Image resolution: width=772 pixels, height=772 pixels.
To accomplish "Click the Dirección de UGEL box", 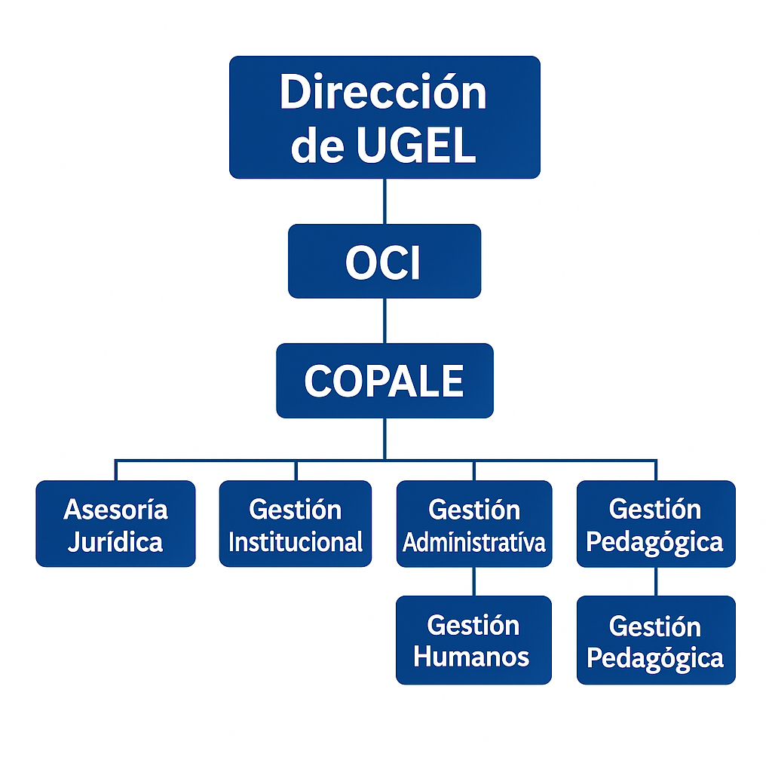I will (384, 117).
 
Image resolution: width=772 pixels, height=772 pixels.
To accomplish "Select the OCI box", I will (384, 261).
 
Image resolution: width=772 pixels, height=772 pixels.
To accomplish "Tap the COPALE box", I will (384, 381).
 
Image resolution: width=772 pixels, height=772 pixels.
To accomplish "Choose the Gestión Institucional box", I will (296, 524).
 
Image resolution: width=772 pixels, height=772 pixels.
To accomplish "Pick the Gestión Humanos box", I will (473, 640).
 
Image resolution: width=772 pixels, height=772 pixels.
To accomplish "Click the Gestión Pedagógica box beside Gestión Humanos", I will (656, 640).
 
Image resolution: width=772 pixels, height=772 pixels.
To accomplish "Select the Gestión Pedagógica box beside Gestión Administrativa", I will (656, 524).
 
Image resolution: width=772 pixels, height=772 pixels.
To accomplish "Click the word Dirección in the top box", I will (384, 93).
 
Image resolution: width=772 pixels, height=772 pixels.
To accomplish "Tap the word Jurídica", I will (115, 541).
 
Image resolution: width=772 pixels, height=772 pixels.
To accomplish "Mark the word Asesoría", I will (115, 510).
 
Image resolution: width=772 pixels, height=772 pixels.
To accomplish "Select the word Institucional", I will (296, 541).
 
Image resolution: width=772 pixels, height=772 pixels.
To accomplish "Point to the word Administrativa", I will (474, 542).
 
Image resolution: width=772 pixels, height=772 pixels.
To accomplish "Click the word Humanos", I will (472, 657).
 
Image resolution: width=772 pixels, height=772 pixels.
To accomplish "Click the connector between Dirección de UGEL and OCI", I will (384, 201).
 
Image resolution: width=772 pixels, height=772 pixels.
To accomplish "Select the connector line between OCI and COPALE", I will (384, 320).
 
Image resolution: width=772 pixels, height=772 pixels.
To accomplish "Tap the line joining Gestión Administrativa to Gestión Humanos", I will (474, 581).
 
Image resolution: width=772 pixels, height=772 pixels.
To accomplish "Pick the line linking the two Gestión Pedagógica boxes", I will (656, 581).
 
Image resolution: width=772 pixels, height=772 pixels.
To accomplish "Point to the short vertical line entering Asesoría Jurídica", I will (116, 470).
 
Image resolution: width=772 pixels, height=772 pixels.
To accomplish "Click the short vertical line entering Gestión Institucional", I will (296, 470).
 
